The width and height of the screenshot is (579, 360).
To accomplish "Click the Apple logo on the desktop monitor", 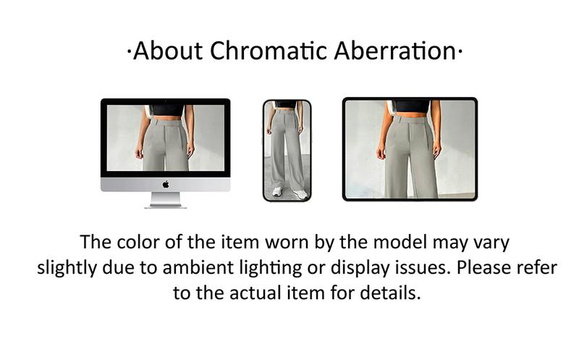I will coord(165,184).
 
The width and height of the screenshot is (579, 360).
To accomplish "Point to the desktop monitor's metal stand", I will coord(165,200).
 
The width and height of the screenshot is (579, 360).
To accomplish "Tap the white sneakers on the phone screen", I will coord(287,192).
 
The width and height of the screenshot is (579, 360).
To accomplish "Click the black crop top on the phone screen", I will coord(287,105).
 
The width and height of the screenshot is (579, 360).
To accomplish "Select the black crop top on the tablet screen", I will coord(411,106).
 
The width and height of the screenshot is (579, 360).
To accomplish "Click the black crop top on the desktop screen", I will coord(167,109).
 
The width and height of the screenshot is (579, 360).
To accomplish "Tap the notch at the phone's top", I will coord(287,101).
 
